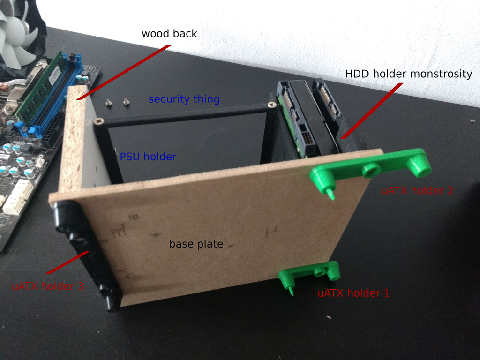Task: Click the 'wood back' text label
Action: (169, 33)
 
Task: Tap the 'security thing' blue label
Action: (184, 99)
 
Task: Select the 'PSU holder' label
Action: (148, 157)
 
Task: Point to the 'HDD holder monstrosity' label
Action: (409, 75)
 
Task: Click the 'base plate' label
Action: (196, 244)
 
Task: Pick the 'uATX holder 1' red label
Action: (353, 293)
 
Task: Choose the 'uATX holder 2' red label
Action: (417, 190)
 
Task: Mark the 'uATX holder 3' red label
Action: (48, 286)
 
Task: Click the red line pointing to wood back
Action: (124, 72)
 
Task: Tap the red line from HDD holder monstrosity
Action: (372, 111)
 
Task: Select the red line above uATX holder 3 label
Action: (67, 262)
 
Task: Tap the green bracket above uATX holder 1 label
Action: (309, 275)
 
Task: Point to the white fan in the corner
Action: (18, 32)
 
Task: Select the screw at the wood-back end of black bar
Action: (98, 122)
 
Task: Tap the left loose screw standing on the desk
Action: (109, 103)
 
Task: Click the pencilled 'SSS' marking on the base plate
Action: (134, 217)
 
